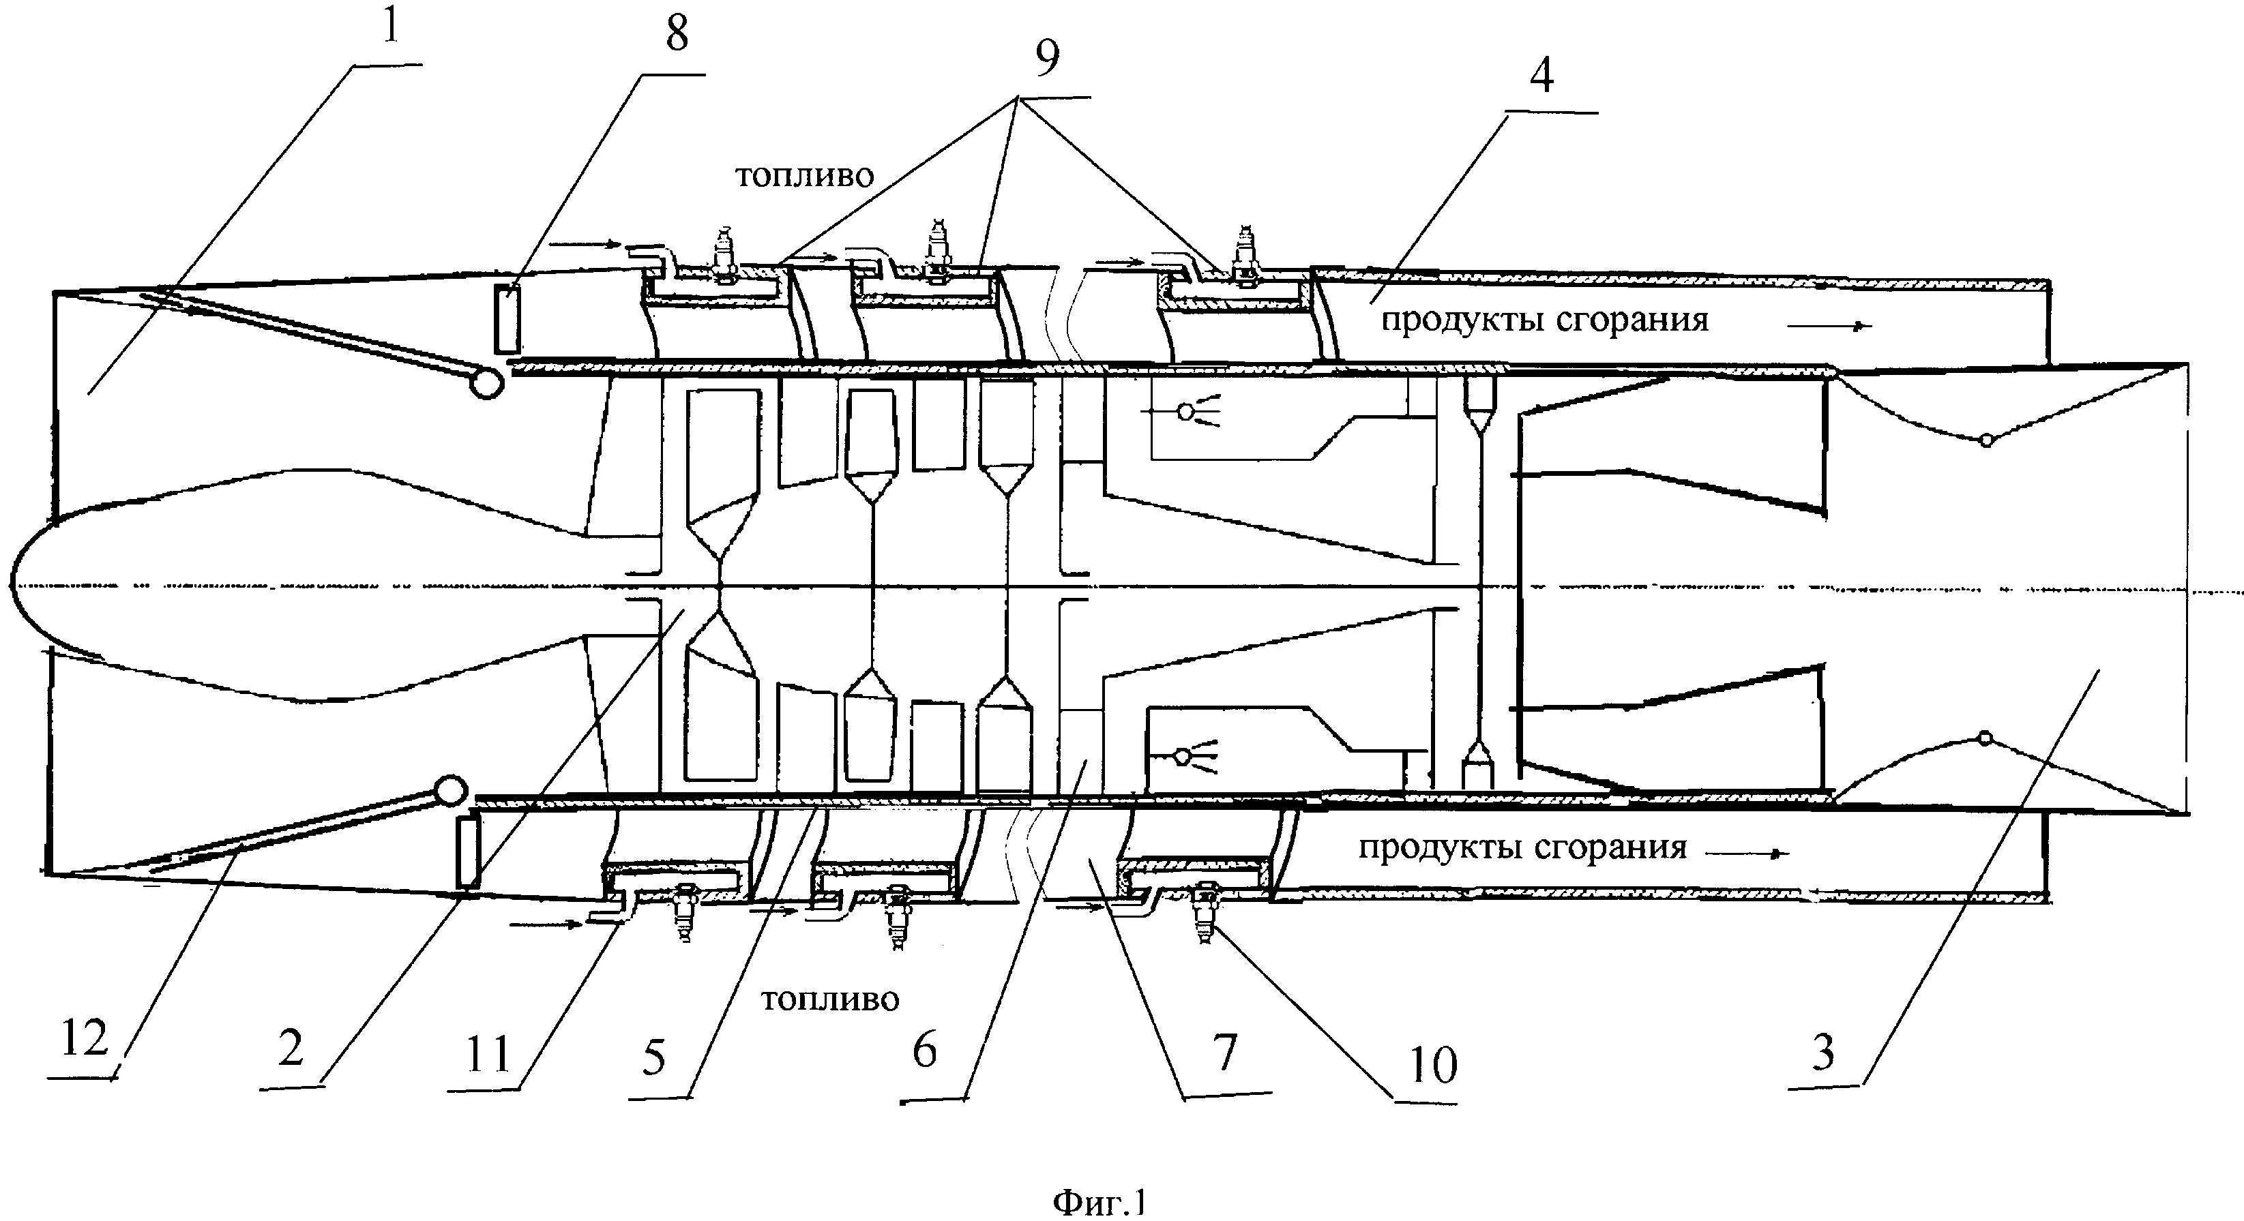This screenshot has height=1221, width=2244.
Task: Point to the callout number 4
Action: click(x=1541, y=75)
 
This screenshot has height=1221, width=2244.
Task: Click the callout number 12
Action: click(x=85, y=1038)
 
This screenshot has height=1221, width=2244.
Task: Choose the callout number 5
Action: click(x=653, y=1057)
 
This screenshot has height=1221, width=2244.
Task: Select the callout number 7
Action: click(x=1225, y=1052)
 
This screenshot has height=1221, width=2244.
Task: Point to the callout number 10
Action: click(x=1432, y=1064)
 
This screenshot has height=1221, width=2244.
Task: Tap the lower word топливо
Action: click(x=829, y=999)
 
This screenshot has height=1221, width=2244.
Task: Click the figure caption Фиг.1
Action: click(x=1100, y=1203)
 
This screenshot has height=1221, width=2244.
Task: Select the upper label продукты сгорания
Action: click(x=1544, y=320)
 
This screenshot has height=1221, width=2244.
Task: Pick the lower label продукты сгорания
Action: click(x=1522, y=847)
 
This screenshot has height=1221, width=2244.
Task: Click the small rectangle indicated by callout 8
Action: click(x=506, y=319)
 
